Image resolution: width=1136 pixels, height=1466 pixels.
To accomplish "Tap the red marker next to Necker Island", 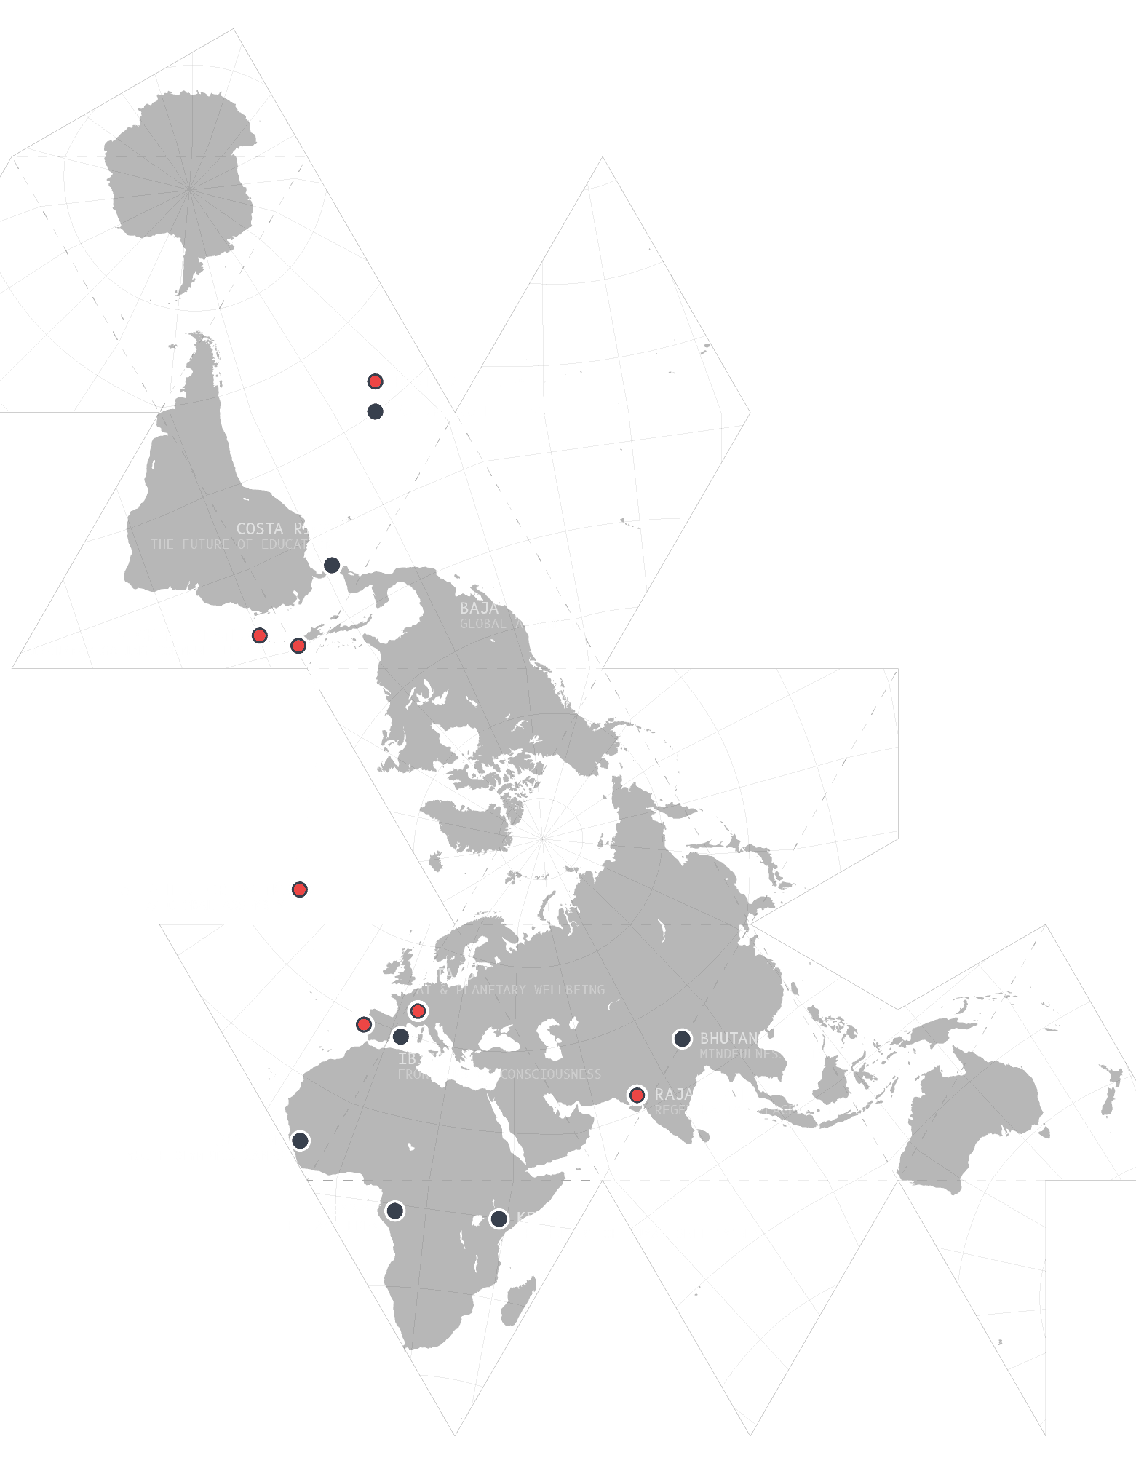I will tap(259, 635).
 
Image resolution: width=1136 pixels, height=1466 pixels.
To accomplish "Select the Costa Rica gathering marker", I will tap(332, 565).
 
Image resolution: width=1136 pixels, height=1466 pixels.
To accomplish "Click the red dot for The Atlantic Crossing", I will tap(300, 889).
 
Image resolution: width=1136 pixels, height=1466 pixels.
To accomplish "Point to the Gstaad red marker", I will tap(418, 1010).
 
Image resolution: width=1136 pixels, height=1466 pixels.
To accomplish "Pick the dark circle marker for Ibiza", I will tap(401, 1036).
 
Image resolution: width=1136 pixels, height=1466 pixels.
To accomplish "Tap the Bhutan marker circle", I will tap(682, 1039).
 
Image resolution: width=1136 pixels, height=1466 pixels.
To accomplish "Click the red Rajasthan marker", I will tap(637, 1095).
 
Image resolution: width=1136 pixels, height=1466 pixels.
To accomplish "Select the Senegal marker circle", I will tap(300, 1141).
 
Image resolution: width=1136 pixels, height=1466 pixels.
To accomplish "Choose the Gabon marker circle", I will tap(394, 1211).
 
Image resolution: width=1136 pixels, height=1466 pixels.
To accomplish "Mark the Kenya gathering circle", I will tap(499, 1219).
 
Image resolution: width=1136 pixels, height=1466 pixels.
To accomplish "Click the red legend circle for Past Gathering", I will tap(375, 381).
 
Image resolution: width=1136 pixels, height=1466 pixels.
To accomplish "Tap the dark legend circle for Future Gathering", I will tap(375, 411).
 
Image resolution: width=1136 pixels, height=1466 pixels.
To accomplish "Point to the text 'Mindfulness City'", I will tap(762, 1054).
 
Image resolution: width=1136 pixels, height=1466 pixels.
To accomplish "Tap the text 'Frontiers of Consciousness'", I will tap(499, 1074).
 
